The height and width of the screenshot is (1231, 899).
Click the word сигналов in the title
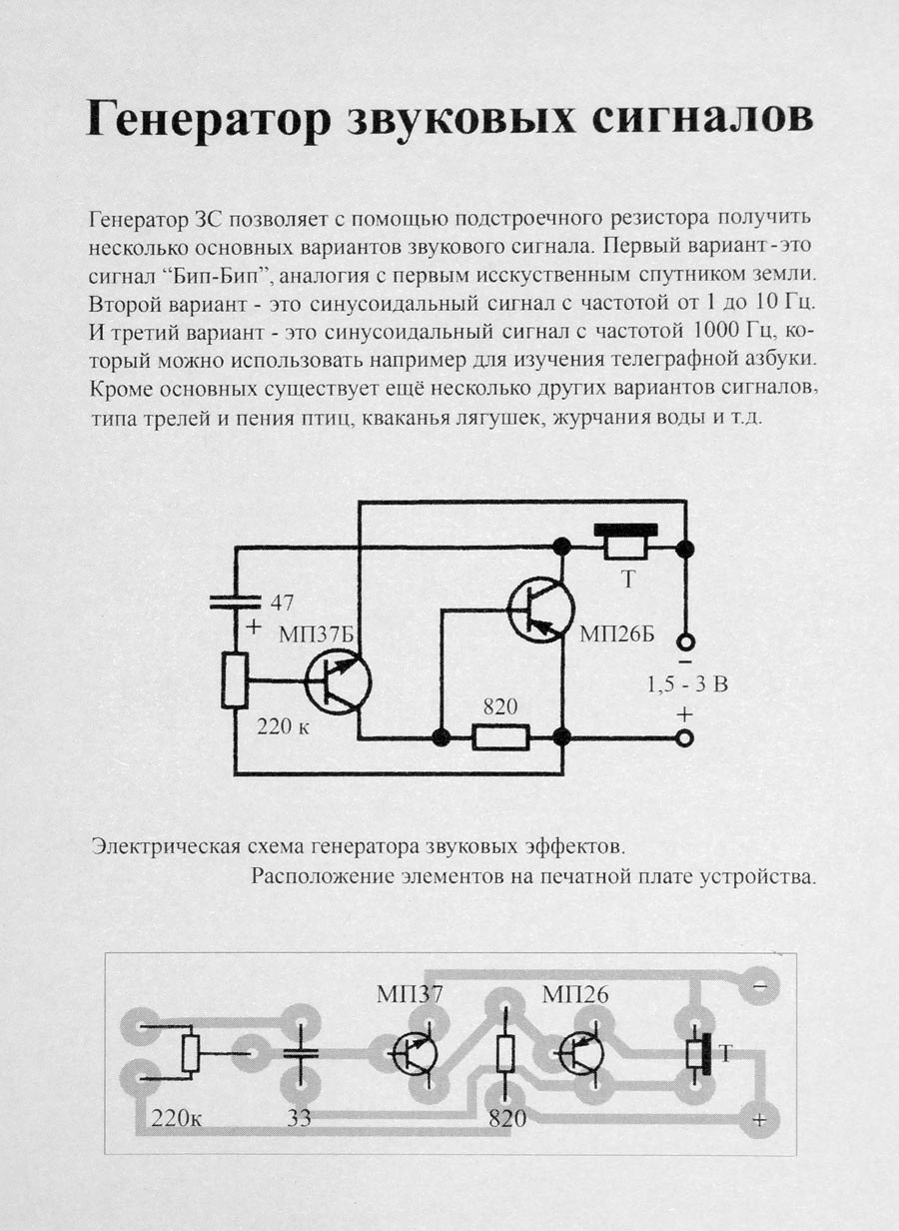click(702, 118)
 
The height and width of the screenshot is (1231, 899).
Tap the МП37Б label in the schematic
click(319, 634)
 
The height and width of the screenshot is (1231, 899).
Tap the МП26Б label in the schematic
click(617, 634)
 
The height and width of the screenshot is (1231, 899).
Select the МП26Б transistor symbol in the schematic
click(541, 609)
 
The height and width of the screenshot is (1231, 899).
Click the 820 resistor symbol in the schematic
click(500, 737)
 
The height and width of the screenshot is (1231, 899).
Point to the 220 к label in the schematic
click(283, 726)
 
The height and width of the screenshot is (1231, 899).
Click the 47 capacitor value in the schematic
click(282, 603)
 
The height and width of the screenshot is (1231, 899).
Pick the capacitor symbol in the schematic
click(236, 603)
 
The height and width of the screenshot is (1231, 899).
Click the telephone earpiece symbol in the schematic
click(626, 542)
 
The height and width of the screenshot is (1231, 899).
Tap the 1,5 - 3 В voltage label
click(687, 684)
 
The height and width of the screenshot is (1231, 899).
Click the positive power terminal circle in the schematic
click(684, 738)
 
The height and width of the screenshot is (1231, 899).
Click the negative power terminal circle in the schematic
click(684, 641)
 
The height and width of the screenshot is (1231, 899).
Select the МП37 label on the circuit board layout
click(410, 994)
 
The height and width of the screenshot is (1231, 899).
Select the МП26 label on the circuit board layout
click(575, 994)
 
